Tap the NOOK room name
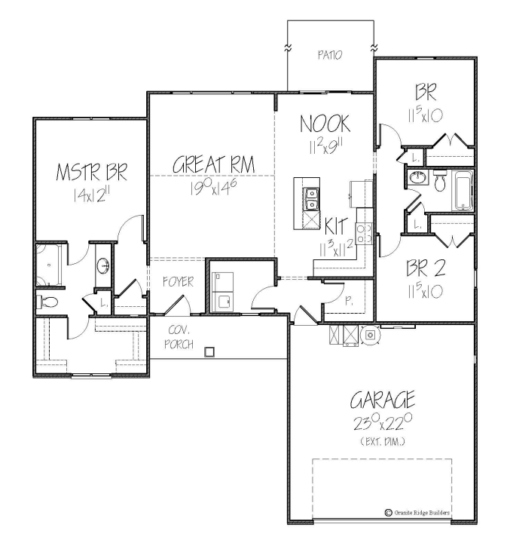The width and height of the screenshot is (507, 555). (325, 123)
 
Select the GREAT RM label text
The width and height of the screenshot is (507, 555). (213, 164)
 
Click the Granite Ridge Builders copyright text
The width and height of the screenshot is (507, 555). (417, 513)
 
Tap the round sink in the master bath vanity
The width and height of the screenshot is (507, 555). (104, 265)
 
